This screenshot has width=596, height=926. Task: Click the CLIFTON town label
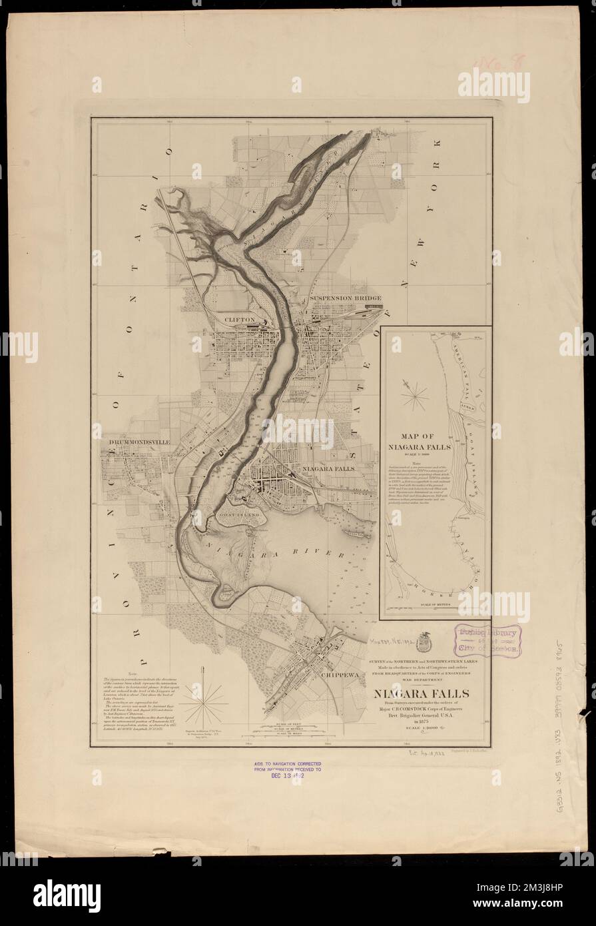click(240, 320)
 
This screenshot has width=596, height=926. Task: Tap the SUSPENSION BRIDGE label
click(345, 298)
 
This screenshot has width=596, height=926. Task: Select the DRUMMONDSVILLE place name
click(137, 441)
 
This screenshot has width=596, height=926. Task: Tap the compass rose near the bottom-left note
click(206, 703)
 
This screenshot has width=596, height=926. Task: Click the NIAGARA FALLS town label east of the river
click(330, 468)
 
